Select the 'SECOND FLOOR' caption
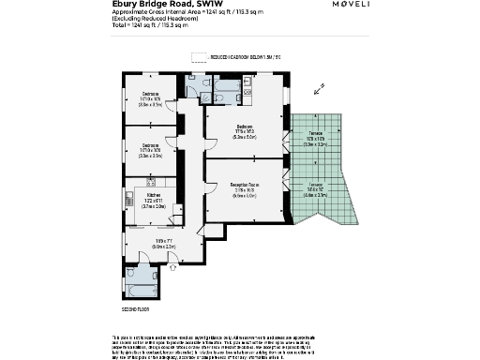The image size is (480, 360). pos(136,308)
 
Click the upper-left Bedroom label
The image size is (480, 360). pos(151,97)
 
